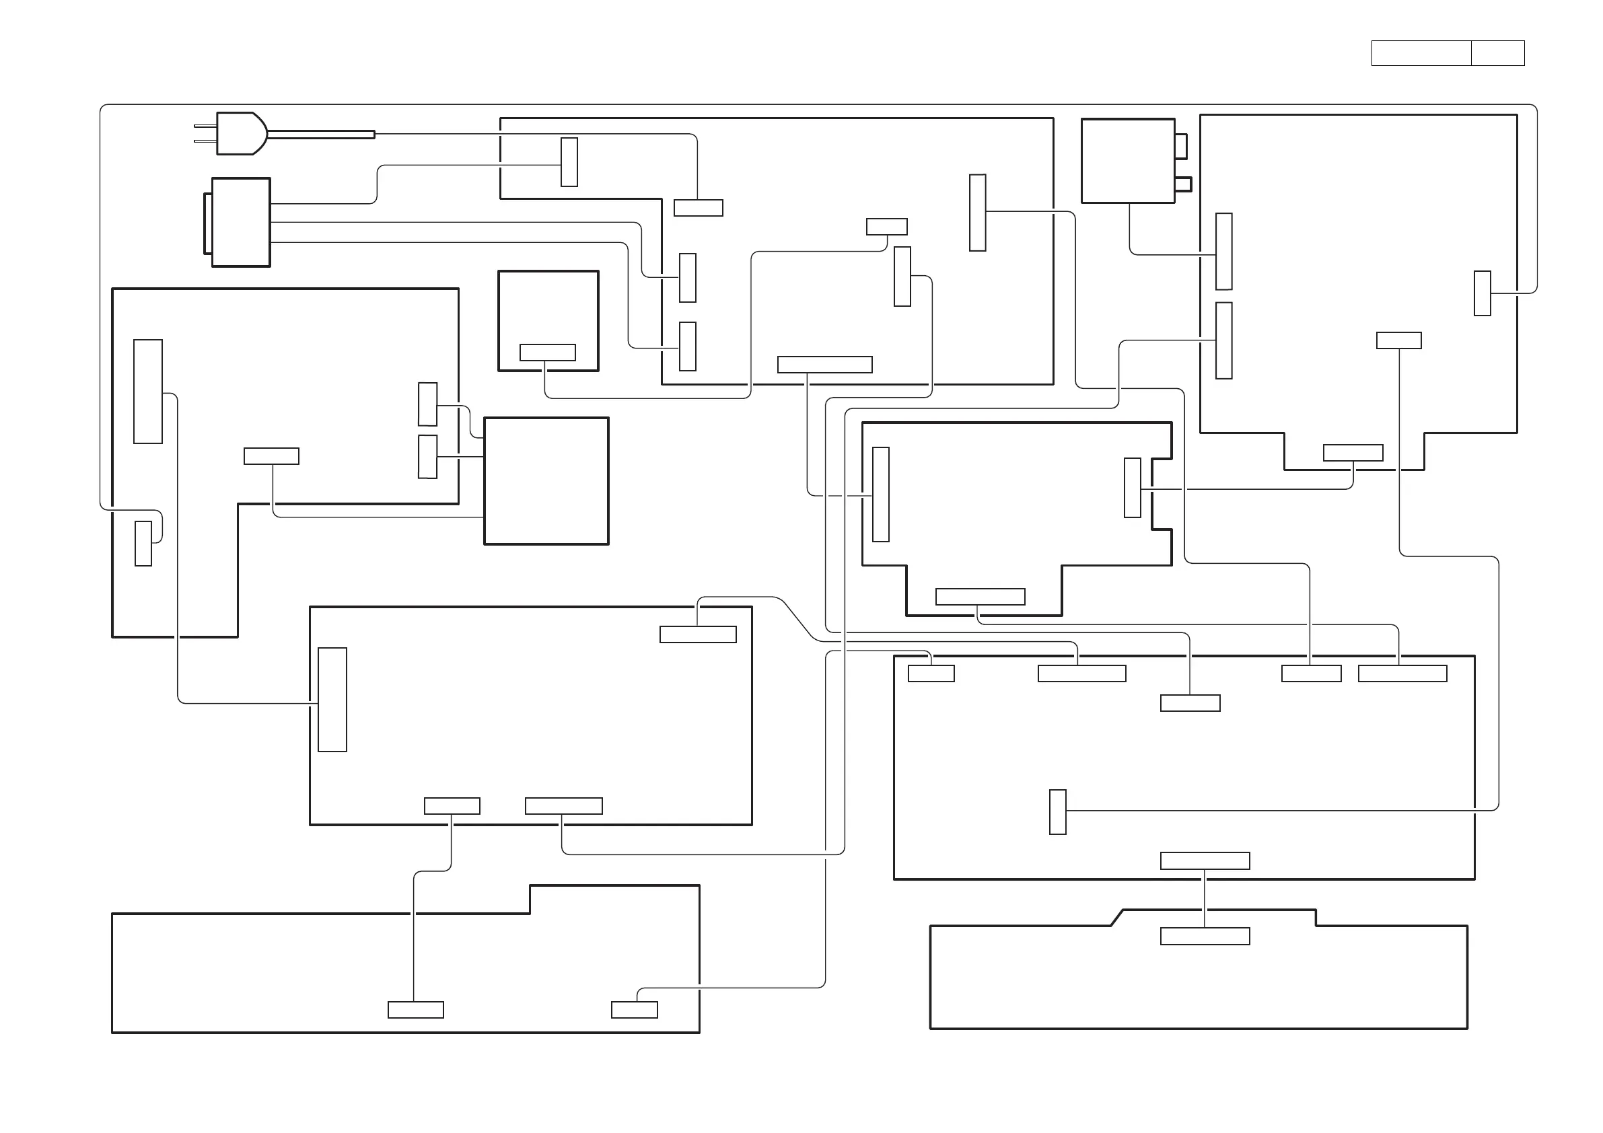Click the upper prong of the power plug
click(x=205, y=126)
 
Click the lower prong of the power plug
click(x=205, y=141)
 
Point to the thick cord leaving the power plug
click(x=321, y=134)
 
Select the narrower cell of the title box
click(x=1497, y=53)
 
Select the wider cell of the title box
click(x=1421, y=53)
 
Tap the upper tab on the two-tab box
click(x=1180, y=146)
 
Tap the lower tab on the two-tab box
click(x=1182, y=184)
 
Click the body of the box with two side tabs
click(x=1127, y=161)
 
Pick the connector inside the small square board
click(x=547, y=352)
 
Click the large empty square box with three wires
click(x=546, y=481)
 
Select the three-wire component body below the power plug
click(x=241, y=222)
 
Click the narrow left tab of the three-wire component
click(x=207, y=223)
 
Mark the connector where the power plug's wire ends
click(x=698, y=207)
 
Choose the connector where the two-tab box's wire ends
click(x=1223, y=252)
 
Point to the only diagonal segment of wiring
click(x=799, y=619)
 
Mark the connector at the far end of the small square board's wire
click(x=887, y=226)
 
